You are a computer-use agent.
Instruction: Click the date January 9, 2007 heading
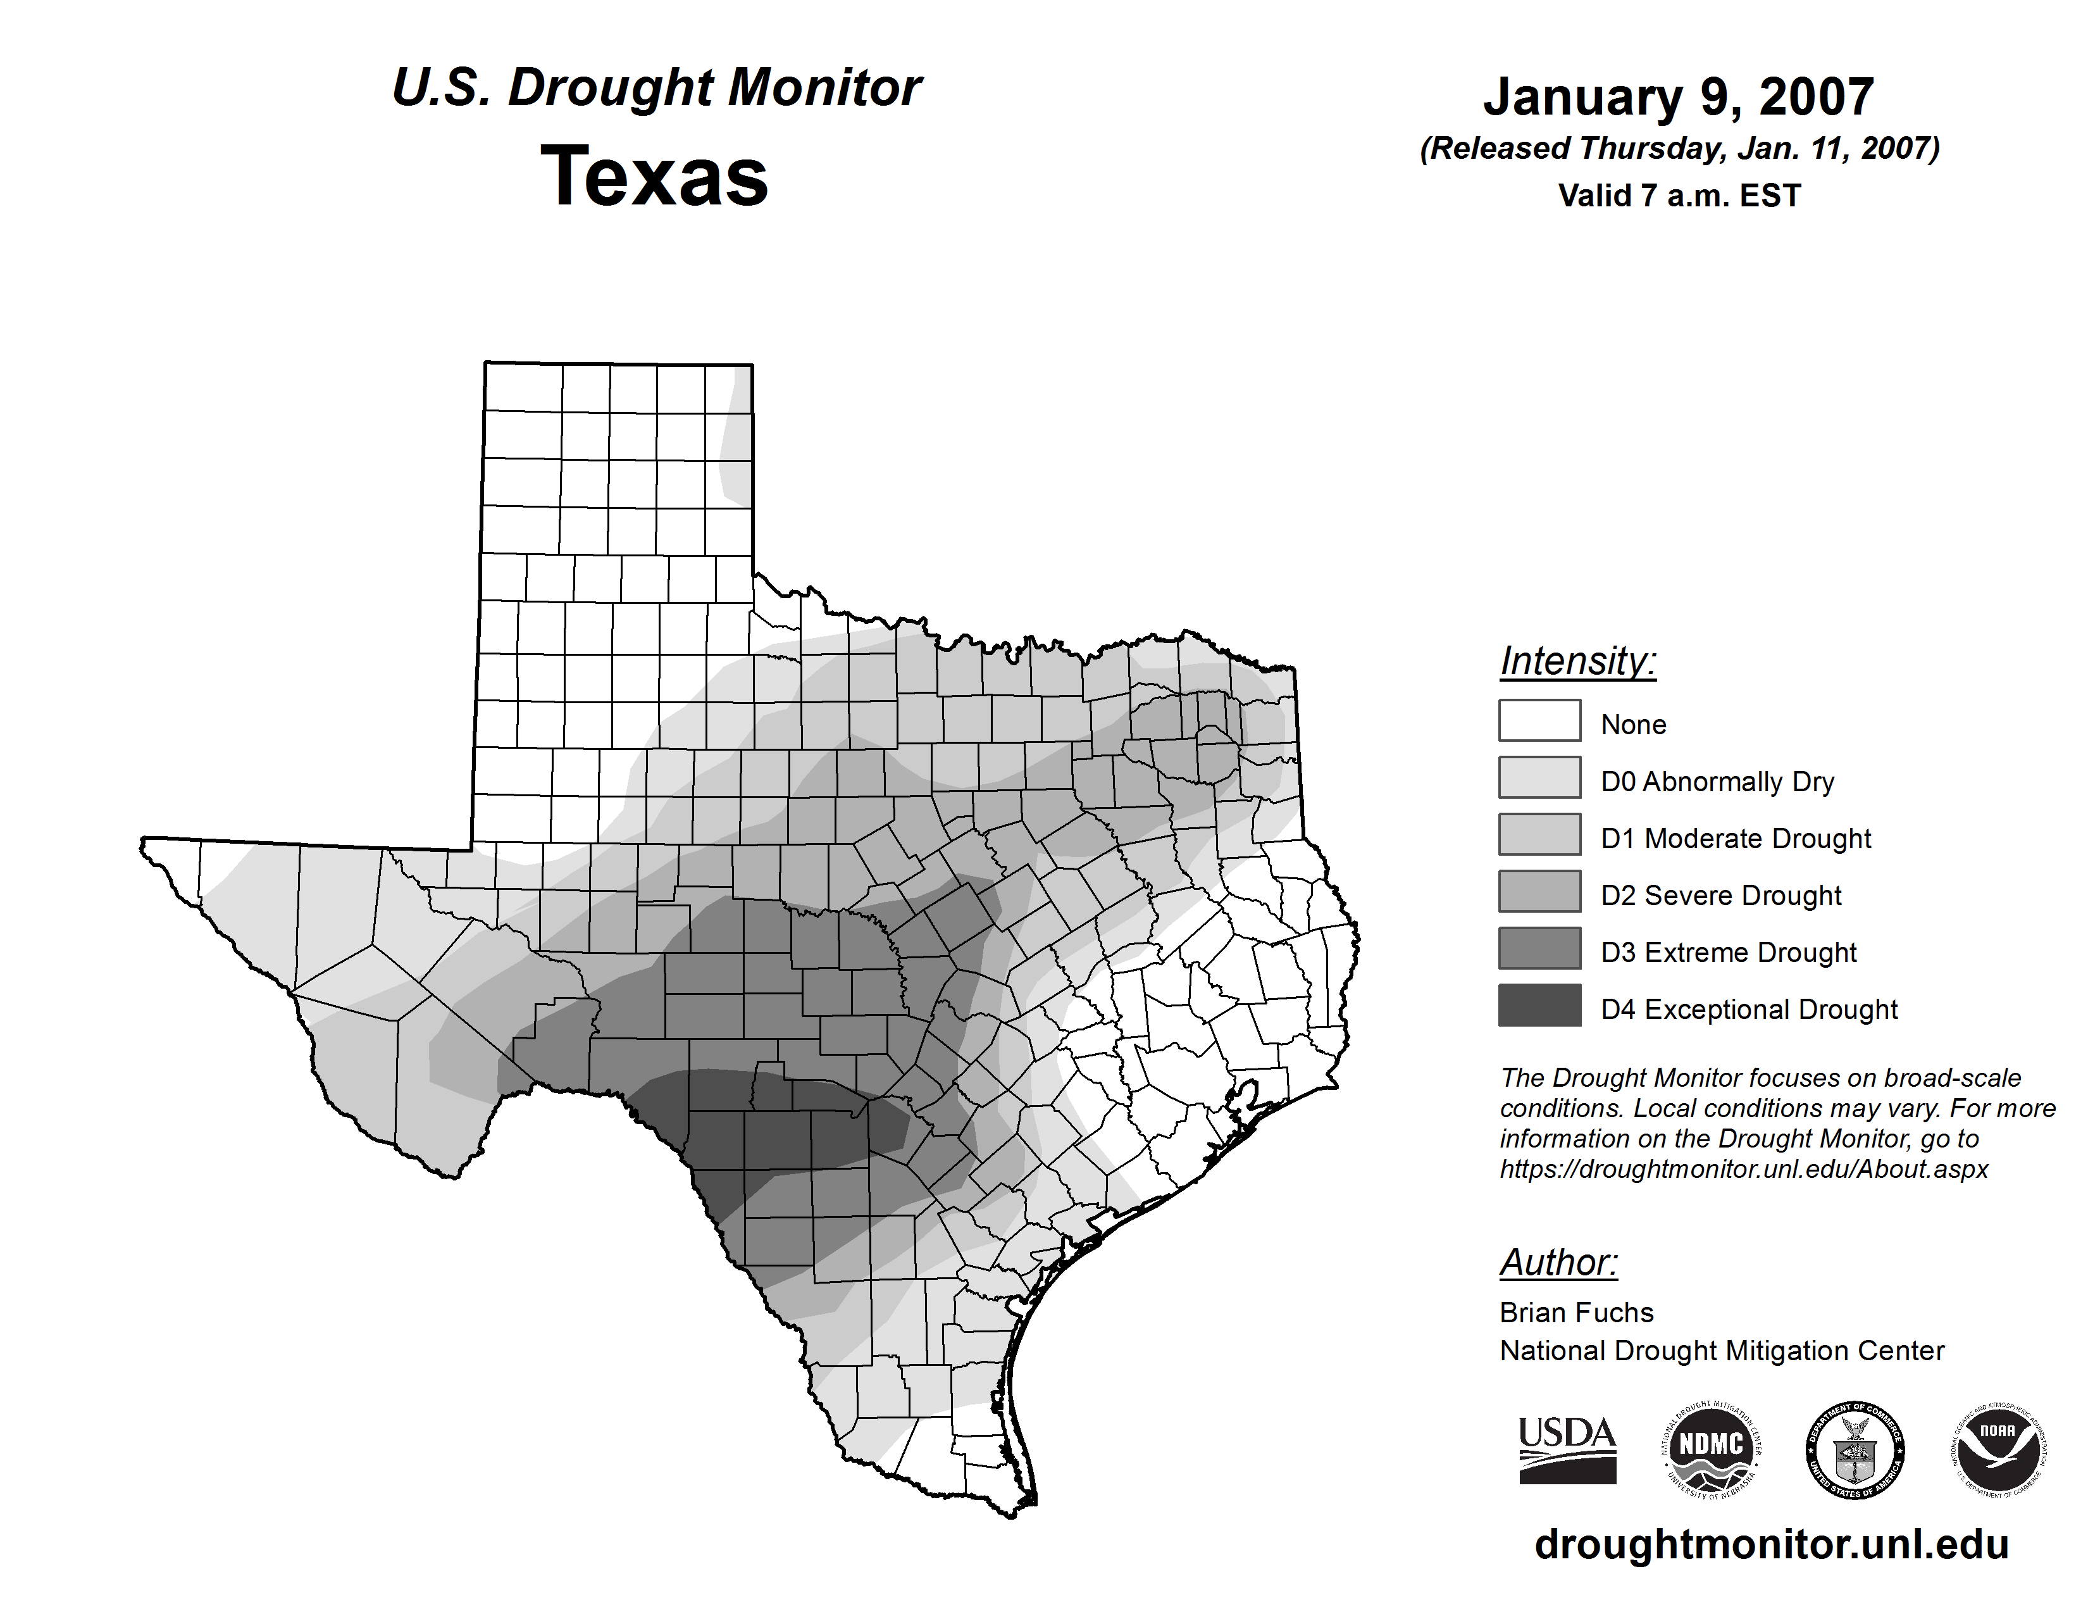coord(1678,97)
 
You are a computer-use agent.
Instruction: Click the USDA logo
coord(1567,1449)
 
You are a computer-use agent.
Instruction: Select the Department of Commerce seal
coord(1855,1449)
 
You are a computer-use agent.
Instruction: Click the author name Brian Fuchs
coord(1577,1313)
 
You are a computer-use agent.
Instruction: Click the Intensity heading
coord(1577,661)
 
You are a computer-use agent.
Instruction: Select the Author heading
coord(1558,1262)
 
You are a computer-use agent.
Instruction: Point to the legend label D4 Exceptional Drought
coord(1749,1010)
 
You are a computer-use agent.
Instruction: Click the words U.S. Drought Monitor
coord(657,88)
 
